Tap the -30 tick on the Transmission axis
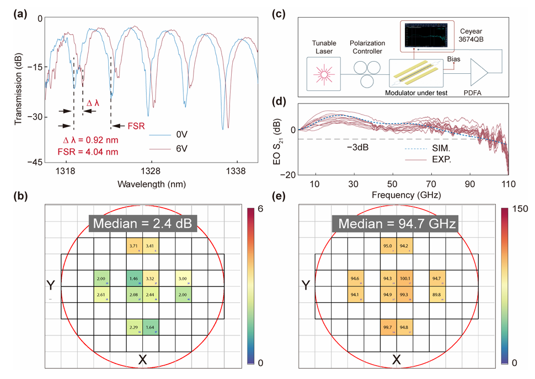pyautogui.click(x=36, y=117)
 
